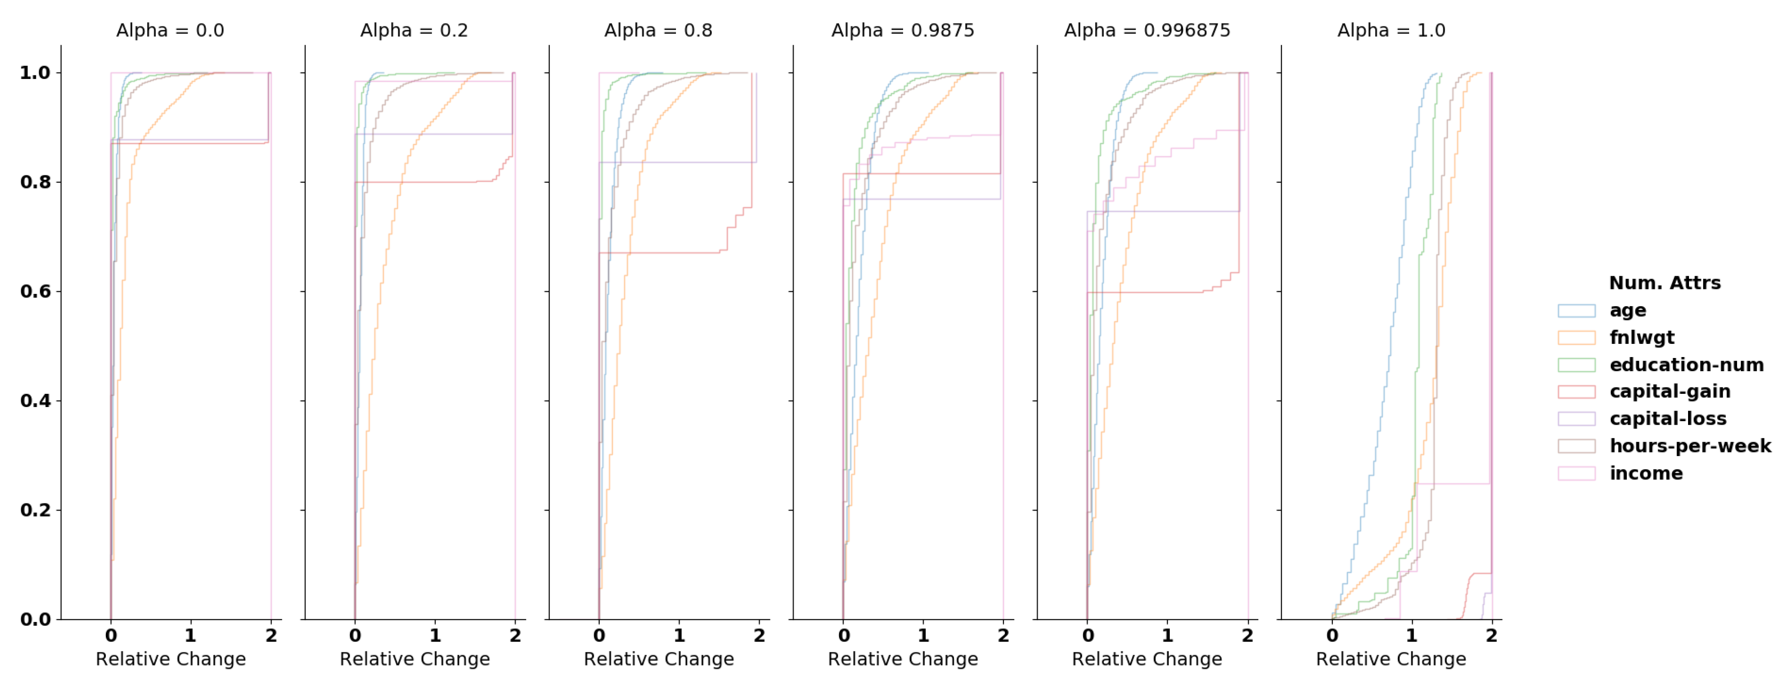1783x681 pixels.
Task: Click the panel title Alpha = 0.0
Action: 170,30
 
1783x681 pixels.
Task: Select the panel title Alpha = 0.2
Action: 414,30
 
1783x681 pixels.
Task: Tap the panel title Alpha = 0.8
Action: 658,30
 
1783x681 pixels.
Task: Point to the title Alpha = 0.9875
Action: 903,30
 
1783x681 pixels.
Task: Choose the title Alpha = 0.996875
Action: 1147,30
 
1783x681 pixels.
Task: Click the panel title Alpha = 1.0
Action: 1391,30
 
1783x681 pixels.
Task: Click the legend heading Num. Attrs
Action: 1664,283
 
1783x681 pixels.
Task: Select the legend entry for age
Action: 1627,310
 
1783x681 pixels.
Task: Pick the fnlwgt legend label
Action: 1641,338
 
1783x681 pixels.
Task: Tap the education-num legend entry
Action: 1686,365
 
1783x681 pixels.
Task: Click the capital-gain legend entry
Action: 1669,392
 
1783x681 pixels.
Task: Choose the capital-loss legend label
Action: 1668,419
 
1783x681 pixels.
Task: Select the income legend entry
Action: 1645,473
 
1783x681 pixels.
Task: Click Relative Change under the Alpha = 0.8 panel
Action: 658,659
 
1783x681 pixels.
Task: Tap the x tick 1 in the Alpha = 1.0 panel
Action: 1412,635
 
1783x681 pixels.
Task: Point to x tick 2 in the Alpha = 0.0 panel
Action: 271,635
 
